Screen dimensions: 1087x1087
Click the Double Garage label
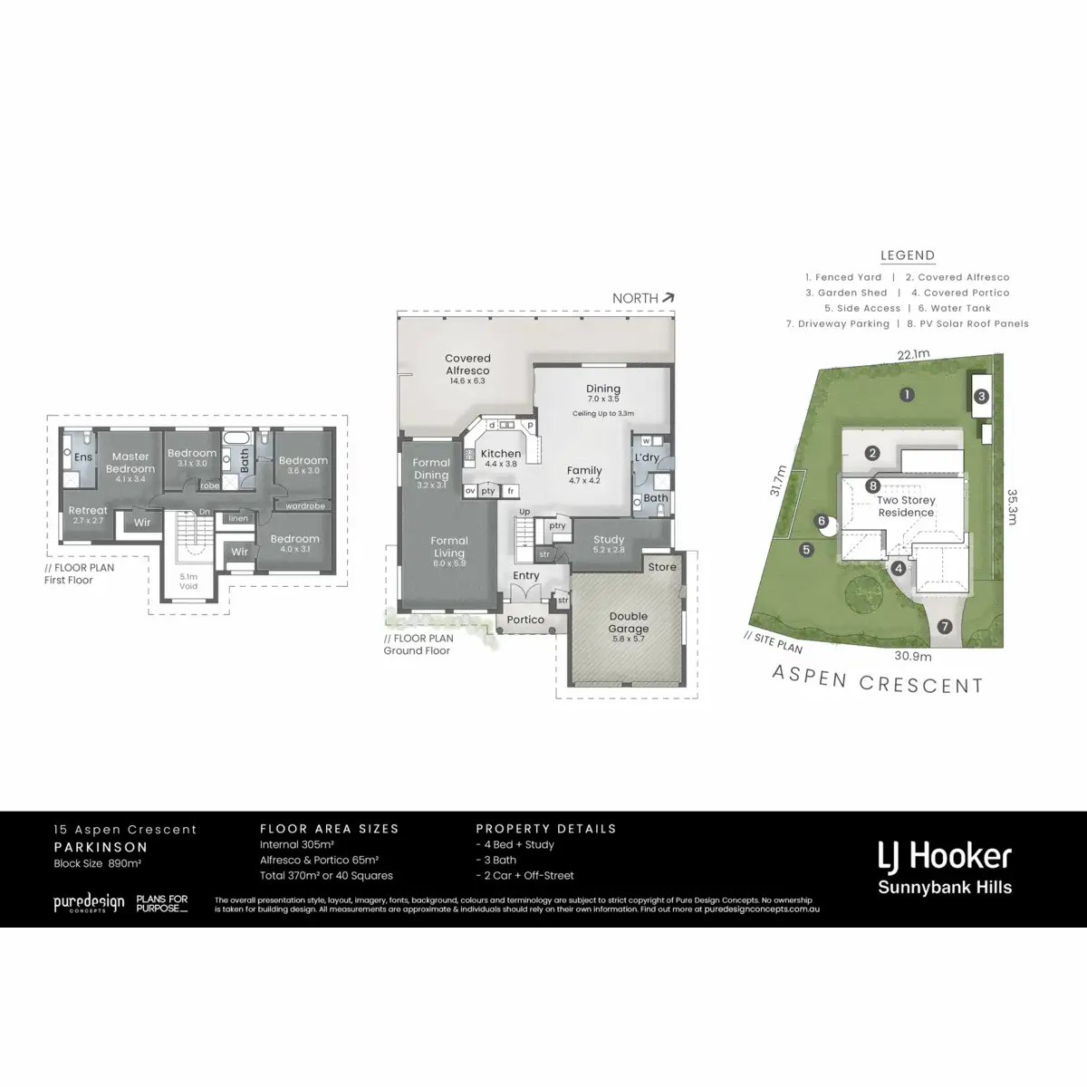[629, 622]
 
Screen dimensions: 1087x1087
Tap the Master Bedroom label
[130, 463]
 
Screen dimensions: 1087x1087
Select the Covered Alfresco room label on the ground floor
[467, 364]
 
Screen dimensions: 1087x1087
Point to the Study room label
[609, 540]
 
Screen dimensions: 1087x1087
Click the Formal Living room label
[449, 547]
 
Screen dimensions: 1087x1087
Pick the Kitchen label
[500, 454]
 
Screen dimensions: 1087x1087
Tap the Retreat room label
[88, 512]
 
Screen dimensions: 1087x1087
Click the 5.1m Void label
[188, 581]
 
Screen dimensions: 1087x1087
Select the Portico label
[525, 620]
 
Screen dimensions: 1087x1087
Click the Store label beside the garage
[662, 567]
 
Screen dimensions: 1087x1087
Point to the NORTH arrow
[669, 297]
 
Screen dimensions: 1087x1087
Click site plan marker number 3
[980, 397]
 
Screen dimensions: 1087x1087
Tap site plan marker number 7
[945, 626]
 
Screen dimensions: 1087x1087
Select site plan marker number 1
[906, 394]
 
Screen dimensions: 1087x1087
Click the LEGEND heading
[908, 256]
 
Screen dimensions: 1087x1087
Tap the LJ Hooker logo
[944, 856]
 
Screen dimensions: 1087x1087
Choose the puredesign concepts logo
[88, 903]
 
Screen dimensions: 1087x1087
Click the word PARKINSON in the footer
[101, 847]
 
